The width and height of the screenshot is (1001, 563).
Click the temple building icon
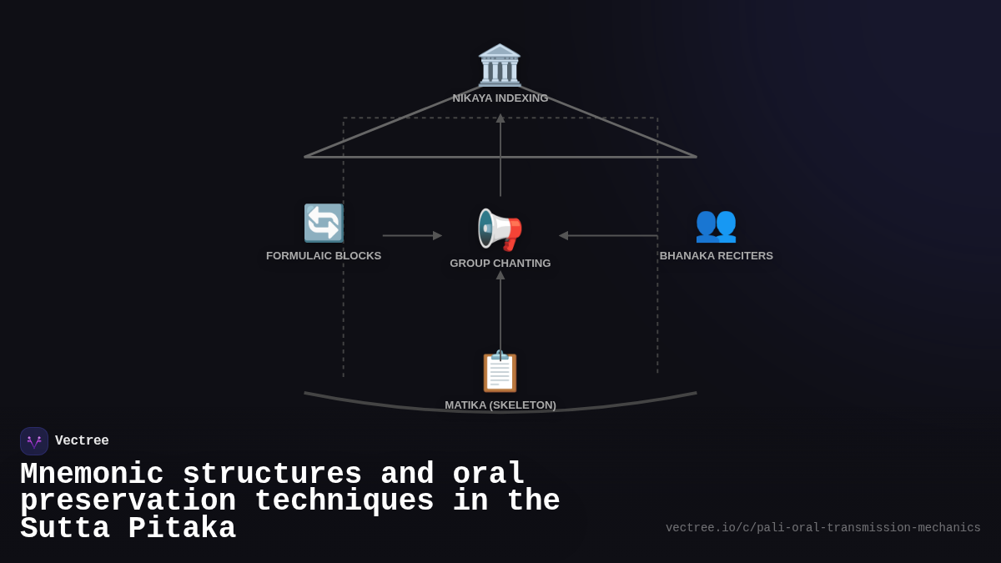point(500,65)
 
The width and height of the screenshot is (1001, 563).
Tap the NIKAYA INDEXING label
point(500,98)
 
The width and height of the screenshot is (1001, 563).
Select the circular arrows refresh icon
point(324,224)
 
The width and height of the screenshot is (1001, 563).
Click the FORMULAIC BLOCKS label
point(324,256)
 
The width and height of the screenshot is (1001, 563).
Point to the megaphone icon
point(500,229)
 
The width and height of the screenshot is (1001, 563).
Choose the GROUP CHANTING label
point(500,264)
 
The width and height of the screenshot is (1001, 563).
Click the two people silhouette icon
point(716,224)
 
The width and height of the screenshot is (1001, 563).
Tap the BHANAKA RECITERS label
point(717,256)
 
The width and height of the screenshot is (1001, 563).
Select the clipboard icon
point(500,372)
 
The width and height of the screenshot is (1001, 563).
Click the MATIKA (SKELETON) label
point(500,405)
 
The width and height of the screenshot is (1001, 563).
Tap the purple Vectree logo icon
point(34,441)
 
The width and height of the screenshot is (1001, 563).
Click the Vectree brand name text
point(82,441)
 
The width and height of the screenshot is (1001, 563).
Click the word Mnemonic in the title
point(92,475)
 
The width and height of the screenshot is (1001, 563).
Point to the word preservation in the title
point(128,501)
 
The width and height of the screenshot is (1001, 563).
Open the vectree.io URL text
point(822,528)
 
